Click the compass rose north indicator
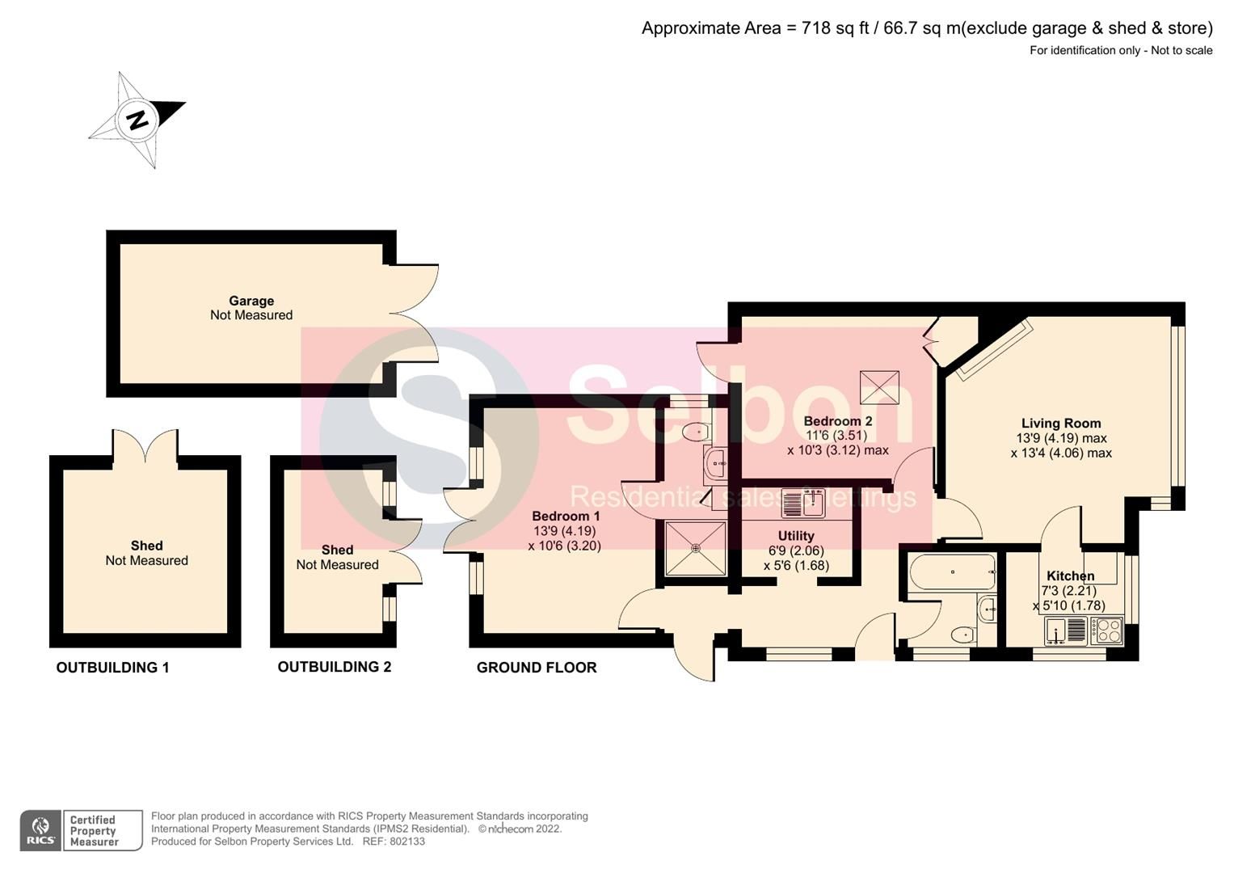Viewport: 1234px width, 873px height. pos(137,120)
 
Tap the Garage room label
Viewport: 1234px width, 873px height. pos(251,301)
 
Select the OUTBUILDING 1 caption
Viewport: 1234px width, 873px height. pos(112,668)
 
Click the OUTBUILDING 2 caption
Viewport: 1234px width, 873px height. pos(335,667)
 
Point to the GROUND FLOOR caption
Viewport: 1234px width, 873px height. pos(537,668)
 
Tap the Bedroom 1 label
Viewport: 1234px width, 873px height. pos(566,516)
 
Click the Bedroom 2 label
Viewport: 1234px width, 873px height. pos(837,421)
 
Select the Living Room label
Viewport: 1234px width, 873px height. pos(1060,423)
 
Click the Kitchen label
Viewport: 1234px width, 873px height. pos(1070,576)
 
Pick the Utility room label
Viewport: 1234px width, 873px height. pos(796,536)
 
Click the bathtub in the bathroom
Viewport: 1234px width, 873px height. pos(952,572)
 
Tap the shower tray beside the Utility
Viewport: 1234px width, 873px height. pos(696,548)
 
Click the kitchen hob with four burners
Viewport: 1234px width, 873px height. pos(1106,630)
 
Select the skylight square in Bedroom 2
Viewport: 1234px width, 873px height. pos(879,388)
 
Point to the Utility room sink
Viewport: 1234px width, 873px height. pos(802,504)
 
